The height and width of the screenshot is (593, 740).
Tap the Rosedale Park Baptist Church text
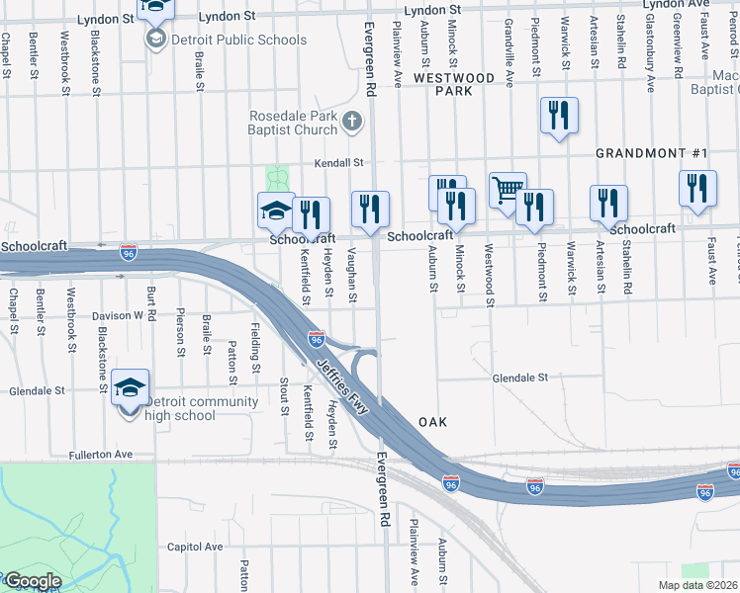293,123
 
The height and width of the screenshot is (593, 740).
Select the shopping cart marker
508,190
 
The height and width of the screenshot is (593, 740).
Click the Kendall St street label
339,163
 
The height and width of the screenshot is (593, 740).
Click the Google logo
32,581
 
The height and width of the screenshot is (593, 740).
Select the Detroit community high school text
196,408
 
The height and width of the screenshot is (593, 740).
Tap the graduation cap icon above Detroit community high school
130,387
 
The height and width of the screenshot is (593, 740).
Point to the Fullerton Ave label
101,455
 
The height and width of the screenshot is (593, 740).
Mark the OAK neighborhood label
432,422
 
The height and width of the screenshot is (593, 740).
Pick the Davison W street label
118,316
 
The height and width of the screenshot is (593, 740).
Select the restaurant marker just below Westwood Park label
559,117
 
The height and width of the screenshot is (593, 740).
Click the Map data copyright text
697,585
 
